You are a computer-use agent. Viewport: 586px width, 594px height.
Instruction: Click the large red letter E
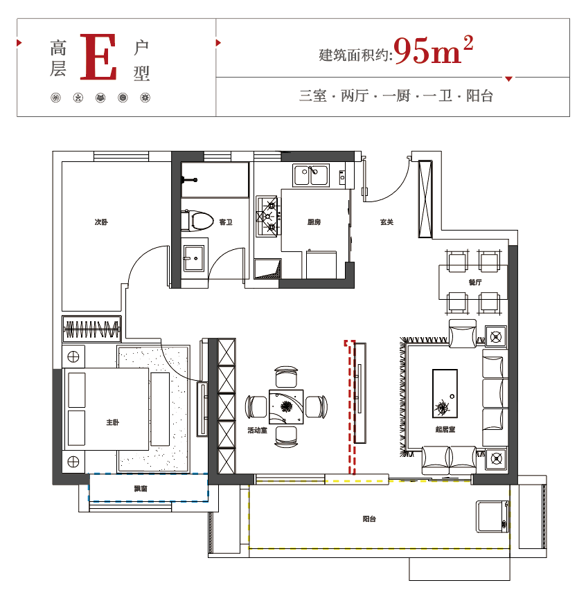pos(98,57)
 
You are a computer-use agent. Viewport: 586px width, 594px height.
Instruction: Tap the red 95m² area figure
pos(433,50)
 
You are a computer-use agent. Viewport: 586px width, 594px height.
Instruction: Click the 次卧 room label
pos(101,222)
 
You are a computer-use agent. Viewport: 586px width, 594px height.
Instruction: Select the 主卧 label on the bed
pos(113,422)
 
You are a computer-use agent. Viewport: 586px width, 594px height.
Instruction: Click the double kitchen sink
pos(311,175)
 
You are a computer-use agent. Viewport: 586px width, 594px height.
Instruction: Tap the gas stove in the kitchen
pos(268,216)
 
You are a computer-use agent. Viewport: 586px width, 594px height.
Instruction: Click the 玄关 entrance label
pos(387,222)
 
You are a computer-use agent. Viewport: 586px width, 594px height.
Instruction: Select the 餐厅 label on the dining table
pos(475,282)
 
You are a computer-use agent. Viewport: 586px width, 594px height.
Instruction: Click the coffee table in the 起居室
pos(445,394)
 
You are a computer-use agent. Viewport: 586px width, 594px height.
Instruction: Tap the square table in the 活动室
pos(286,407)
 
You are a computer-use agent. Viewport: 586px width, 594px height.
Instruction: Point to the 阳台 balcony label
pos(369,519)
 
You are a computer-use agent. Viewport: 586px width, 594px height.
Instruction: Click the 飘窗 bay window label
pos(141,489)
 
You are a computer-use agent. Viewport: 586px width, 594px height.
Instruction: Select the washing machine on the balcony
pos(492,516)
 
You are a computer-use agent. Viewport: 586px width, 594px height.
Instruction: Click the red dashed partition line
pos(351,407)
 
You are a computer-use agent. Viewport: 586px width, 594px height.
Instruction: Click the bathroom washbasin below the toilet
pos(194,258)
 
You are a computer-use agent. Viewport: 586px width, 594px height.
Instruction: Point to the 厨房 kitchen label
pos(314,222)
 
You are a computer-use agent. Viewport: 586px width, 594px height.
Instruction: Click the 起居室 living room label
pos(445,429)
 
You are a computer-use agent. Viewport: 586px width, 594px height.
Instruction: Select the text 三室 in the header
pos(312,96)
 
